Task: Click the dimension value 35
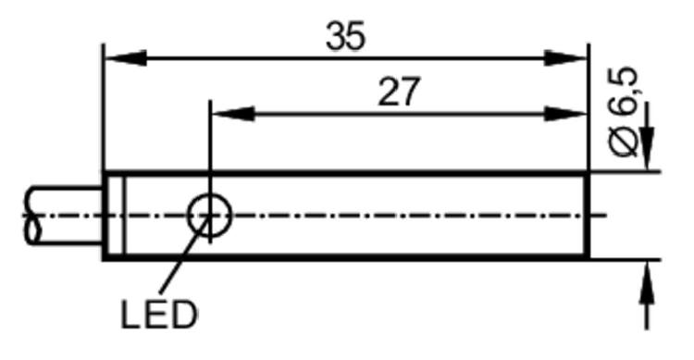pos(346,35)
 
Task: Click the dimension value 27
pos(398,92)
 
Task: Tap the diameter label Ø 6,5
pos(624,112)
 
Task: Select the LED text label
pos(159,315)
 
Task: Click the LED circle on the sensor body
pos(209,216)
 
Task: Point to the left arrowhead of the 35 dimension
pos(126,58)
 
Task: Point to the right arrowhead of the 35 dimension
pos(565,58)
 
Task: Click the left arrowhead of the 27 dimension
pos(233,114)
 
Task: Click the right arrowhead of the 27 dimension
pos(565,114)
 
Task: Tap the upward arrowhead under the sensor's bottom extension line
pos(647,282)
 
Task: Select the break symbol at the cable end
pos(31,216)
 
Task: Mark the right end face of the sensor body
pos(588,216)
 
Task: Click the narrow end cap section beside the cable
pos(115,216)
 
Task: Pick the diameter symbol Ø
pos(625,143)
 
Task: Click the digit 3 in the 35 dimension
pos(336,36)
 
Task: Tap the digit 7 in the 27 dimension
pos(408,93)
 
